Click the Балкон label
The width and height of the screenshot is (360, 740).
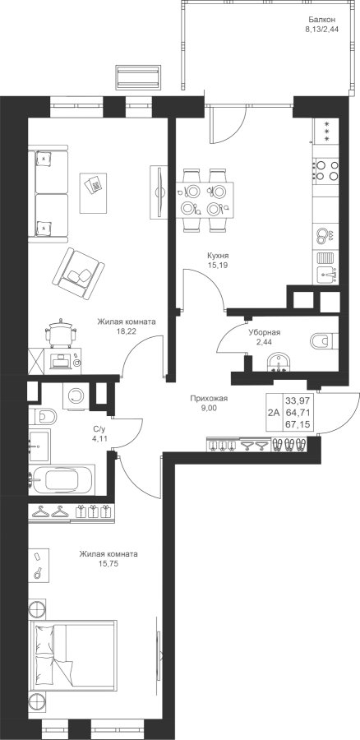click(322, 20)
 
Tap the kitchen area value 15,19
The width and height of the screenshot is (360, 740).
click(215, 266)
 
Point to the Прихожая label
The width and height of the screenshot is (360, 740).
click(209, 399)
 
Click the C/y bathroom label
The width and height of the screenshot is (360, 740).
click(98, 429)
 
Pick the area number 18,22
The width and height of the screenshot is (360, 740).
click(125, 331)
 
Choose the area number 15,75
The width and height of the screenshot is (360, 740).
click(108, 563)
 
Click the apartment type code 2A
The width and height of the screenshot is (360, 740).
click(274, 412)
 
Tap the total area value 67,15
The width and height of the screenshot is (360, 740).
click(295, 424)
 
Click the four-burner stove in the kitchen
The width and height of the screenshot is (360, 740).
click(326, 170)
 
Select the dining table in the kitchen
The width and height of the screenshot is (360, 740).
click(205, 200)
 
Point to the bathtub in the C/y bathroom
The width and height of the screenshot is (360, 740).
click(62, 480)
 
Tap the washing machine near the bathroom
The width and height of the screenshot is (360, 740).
click(76, 396)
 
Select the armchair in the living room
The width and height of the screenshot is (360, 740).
click(79, 273)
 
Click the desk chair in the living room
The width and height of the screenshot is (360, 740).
click(60, 333)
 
